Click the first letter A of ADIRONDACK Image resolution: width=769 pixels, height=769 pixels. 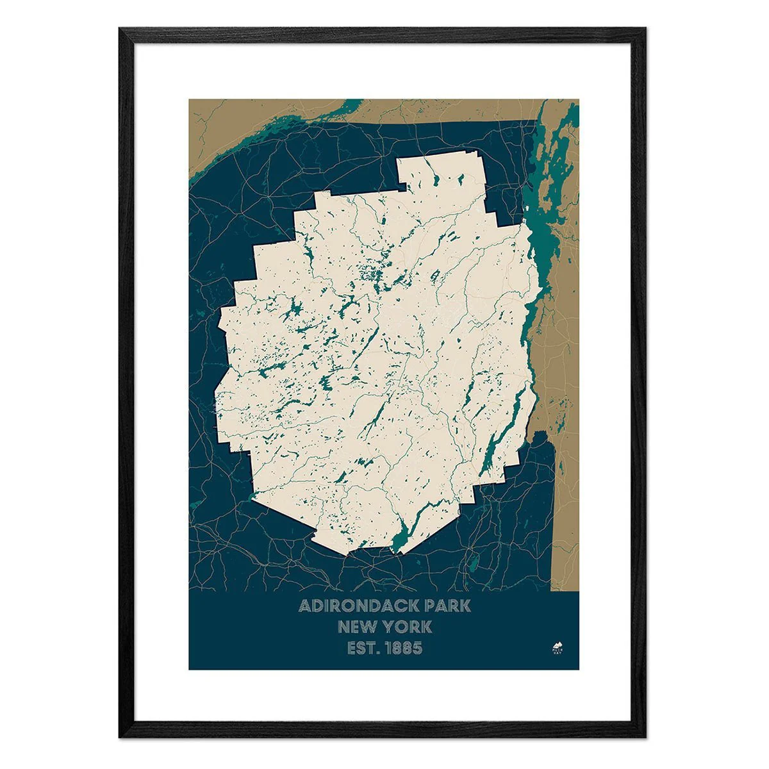305,606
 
